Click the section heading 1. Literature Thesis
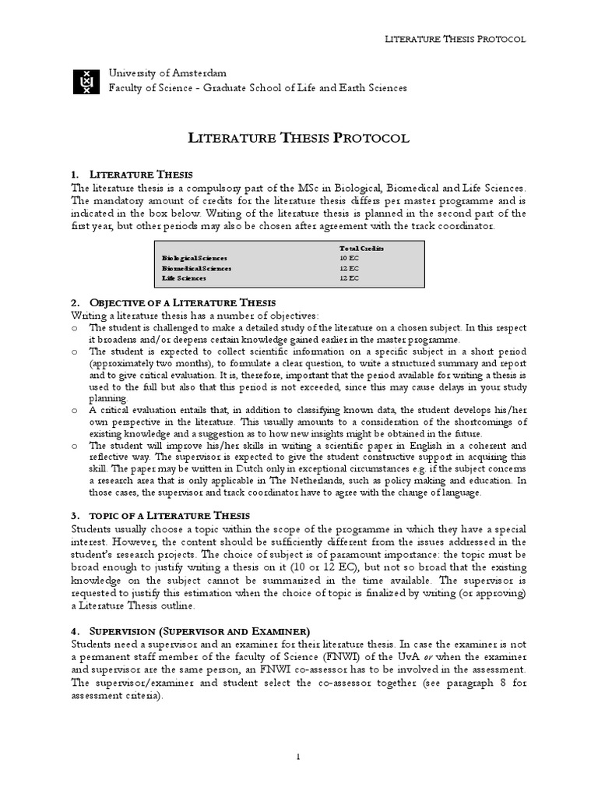141,174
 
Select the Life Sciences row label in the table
184,278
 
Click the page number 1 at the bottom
298,756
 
